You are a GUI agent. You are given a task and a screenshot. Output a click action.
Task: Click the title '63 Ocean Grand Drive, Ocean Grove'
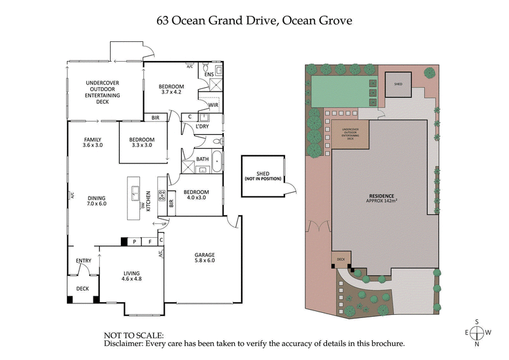(x=254, y=20)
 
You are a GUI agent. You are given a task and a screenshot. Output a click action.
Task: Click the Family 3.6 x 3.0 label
(x=92, y=142)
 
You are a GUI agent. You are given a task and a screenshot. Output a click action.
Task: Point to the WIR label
(x=213, y=104)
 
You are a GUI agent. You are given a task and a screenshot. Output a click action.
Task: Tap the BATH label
(x=202, y=159)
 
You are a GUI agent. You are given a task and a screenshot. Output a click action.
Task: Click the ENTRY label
(x=83, y=261)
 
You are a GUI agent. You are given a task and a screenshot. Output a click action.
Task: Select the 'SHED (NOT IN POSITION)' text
(x=262, y=177)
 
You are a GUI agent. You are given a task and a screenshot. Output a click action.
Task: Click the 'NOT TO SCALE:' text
(x=134, y=335)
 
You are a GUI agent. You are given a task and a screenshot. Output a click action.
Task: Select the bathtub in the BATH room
(x=217, y=161)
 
